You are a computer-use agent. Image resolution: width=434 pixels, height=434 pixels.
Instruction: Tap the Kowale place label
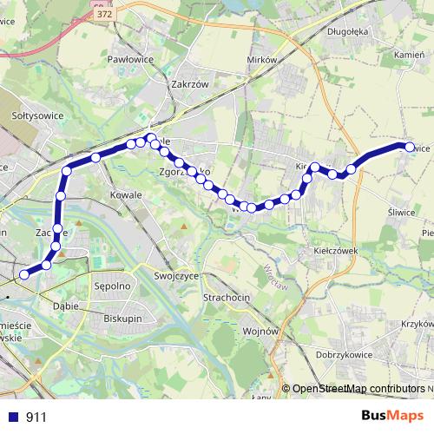click(127, 195)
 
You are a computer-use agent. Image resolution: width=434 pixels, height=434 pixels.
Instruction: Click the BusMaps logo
click(392, 416)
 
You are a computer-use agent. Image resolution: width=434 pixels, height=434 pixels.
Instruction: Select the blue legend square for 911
click(13, 417)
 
